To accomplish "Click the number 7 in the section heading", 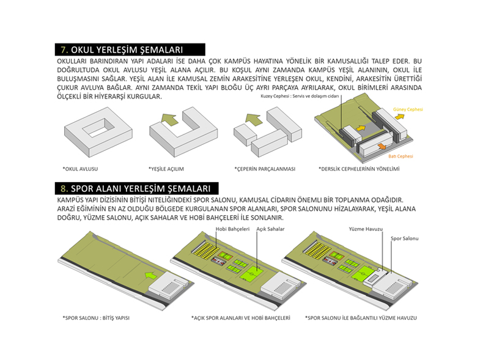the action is click(x=64, y=50).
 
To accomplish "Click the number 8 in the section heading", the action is click(x=64, y=188).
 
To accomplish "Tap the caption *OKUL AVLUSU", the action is click(x=80, y=169).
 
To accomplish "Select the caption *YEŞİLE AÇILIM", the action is click(x=166, y=169).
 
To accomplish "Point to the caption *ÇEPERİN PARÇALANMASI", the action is click(x=265, y=169).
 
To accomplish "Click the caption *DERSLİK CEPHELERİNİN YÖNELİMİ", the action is click(x=359, y=169).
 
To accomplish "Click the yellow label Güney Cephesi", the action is click(x=408, y=109).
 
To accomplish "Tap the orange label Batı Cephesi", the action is click(x=401, y=156).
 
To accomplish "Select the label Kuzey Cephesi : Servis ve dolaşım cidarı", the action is click(x=300, y=96).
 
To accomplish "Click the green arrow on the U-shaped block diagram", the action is click(x=169, y=119).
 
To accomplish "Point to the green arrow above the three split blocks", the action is click(x=254, y=119).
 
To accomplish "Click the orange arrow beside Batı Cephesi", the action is click(x=382, y=146).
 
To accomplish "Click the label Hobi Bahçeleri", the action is click(x=232, y=229).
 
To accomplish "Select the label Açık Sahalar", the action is click(x=270, y=229).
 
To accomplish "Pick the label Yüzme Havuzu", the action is click(x=366, y=229).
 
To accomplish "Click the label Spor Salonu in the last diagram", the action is click(x=404, y=238).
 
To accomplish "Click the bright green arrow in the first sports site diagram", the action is click(x=150, y=276).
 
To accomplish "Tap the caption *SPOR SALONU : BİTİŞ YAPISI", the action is click(x=96, y=318).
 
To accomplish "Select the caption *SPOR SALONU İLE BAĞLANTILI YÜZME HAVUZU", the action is click(x=361, y=318).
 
